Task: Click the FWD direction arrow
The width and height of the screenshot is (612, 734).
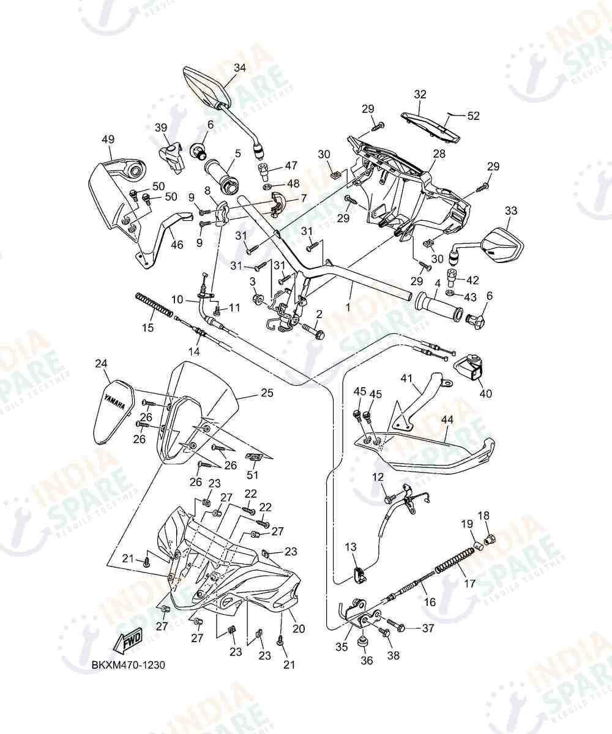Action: [129, 643]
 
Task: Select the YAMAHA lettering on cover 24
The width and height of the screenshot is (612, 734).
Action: [114, 401]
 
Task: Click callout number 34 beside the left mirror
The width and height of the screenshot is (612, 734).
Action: [240, 67]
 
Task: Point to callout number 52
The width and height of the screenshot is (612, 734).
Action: [474, 116]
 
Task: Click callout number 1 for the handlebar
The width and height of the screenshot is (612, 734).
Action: [348, 307]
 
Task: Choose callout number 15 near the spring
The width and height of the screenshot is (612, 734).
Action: [148, 327]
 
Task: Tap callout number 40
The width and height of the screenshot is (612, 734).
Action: [486, 393]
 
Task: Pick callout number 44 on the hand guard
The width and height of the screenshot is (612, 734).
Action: [447, 420]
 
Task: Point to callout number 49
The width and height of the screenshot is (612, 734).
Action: [108, 139]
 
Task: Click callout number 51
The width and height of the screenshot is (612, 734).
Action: [253, 475]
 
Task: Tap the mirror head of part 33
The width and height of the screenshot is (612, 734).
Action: [503, 245]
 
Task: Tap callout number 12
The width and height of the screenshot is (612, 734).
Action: [378, 477]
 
